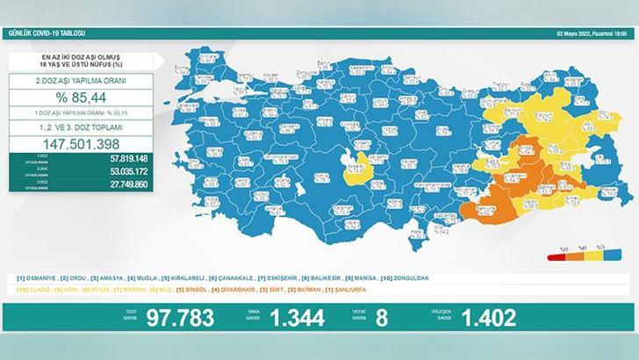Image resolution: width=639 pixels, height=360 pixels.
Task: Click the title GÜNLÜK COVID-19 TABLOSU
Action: (x=45, y=32)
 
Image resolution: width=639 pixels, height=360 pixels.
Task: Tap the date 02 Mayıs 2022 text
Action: (x=580, y=32)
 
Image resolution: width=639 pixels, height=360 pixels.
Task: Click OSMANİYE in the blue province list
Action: (x=40, y=278)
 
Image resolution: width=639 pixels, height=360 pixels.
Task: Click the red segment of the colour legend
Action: (x=555, y=257)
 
